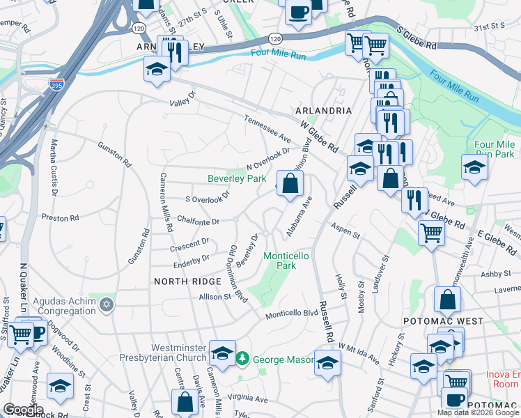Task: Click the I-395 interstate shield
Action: tap(56, 84)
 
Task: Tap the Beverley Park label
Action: tap(237, 178)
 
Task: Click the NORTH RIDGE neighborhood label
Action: tap(188, 281)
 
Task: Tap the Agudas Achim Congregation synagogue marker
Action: tap(107, 304)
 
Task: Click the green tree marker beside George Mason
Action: tap(242, 359)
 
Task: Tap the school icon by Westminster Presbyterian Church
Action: tap(222, 353)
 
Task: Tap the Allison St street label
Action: tap(215, 297)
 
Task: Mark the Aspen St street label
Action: tap(345, 231)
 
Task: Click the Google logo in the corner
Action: tap(23, 410)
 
